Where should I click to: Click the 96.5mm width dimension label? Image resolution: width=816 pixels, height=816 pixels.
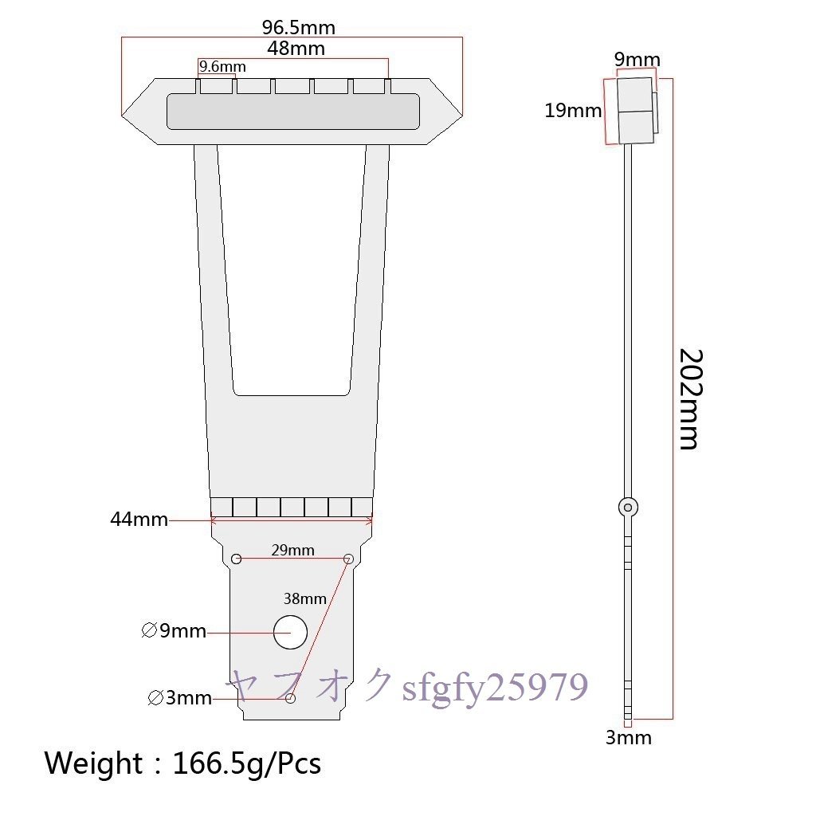pos(299,28)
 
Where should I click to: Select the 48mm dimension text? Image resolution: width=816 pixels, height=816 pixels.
pos(296,48)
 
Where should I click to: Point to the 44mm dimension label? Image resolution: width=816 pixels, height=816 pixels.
pos(139,520)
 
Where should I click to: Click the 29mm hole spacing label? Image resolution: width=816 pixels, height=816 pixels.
pos(292,550)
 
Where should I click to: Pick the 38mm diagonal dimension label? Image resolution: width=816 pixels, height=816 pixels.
pos(305,598)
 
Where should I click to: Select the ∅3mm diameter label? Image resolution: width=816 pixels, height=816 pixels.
pos(180,699)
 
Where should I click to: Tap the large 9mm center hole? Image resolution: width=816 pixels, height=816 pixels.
pos(290,633)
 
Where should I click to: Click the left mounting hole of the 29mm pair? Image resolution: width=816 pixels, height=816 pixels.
pos(236,558)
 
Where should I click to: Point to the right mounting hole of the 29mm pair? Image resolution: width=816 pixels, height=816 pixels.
pos(348,559)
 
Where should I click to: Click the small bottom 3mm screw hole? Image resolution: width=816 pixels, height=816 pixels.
pos(290,698)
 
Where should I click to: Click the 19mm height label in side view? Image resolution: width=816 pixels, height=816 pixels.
pos(573,111)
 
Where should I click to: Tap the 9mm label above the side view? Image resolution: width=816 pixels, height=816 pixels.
pos(637,60)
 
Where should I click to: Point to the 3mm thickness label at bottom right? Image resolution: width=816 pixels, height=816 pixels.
pos(629,738)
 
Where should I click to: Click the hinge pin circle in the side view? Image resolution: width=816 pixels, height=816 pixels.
pos(629,506)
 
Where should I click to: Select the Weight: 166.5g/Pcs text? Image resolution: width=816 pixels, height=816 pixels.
pos(182,763)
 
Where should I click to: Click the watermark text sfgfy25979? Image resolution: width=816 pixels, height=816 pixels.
pos(495,687)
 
